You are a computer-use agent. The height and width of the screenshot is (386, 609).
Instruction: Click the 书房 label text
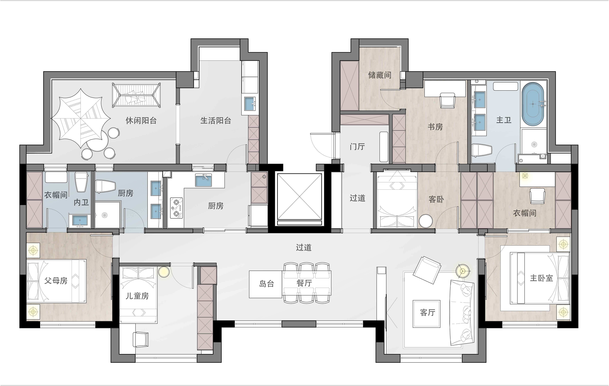435,127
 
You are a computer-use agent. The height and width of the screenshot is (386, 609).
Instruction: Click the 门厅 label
357,147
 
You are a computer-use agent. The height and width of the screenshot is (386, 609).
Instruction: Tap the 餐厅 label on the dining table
304,283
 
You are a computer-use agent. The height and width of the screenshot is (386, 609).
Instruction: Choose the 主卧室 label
542,278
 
